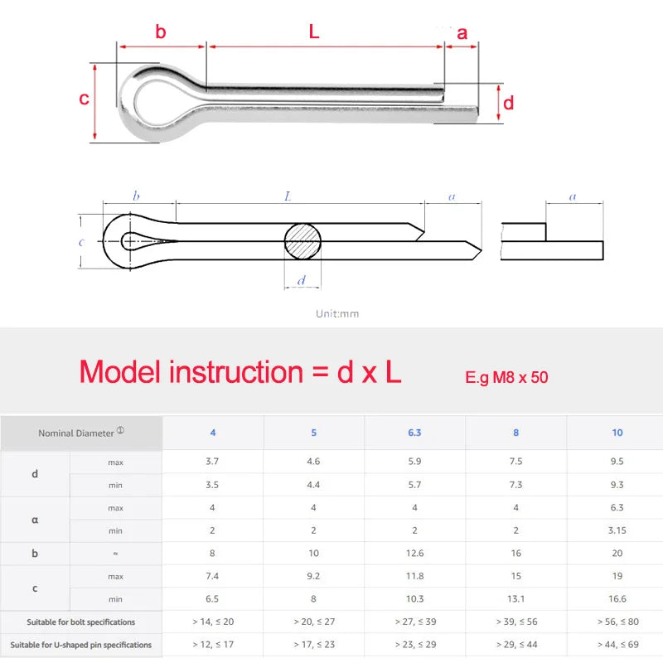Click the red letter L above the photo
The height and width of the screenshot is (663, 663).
(313, 32)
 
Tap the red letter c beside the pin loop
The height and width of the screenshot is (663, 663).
(84, 99)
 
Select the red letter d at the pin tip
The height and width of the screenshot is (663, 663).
(508, 103)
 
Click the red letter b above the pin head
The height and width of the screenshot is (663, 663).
(161, 32)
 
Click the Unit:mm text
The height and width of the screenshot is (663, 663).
(337, 314)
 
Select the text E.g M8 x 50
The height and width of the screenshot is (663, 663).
(506, 377)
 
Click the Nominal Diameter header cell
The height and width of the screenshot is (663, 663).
(80, 433)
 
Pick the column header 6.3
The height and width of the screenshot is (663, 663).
(415, 433)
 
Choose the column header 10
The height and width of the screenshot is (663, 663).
(617, 433)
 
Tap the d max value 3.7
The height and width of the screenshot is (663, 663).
(212, 462)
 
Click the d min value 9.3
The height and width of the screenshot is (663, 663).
(617, 485)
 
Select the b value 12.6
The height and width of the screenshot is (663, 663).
(415, 553)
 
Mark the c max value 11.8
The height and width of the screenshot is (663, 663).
(415, 576)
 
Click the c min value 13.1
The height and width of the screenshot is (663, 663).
(516, 598)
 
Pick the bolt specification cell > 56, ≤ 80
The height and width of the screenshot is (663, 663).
(617, 621)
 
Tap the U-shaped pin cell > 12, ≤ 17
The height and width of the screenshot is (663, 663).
(212, 644)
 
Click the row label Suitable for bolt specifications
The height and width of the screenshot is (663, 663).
(80, 622)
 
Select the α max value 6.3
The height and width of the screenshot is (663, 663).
(617, 507)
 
